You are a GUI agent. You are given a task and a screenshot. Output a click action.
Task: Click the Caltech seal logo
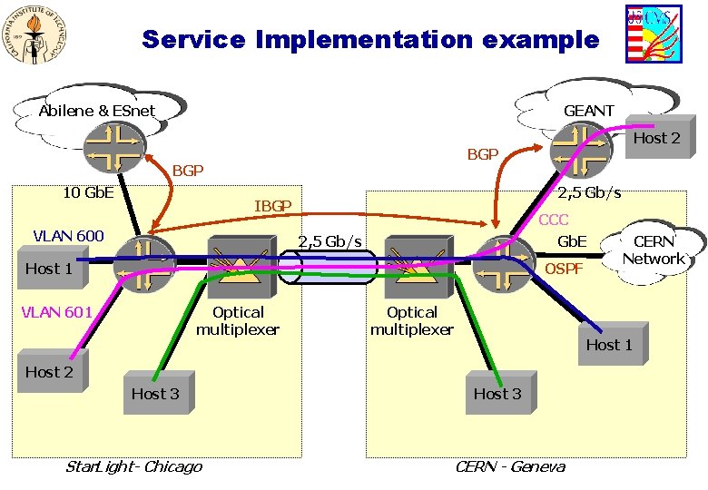[x=34, y=34]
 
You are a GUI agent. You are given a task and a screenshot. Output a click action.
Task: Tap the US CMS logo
[x=654, y=34]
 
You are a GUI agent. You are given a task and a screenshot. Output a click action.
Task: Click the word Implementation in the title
[x=364, y=40]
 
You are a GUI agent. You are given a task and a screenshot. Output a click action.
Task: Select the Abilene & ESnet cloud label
[x=96, y=111]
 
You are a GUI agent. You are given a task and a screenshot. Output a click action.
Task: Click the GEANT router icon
[x=581, y=151]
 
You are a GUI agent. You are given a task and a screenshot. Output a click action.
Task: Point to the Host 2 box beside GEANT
[x=660, y=137]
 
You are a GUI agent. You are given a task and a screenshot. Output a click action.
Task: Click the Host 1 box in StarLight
[x=53, y=267]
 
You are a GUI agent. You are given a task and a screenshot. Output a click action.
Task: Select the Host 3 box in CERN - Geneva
[x=501, y=392]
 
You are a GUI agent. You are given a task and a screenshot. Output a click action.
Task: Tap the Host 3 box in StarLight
[x=159, y=392]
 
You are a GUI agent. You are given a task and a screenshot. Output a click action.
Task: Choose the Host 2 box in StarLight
[x=53, y=370]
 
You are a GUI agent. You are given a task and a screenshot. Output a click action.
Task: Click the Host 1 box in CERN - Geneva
[x=614, y=343]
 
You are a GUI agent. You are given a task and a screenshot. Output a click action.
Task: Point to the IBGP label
[x=272, y=206]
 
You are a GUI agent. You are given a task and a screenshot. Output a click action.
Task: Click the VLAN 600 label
[x=69, y=236]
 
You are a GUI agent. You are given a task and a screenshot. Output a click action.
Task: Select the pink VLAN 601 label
[x=57, y=312]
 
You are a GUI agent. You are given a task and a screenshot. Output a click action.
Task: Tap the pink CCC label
[x=553, y=220]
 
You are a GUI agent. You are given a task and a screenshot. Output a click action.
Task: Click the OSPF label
[x=564, y=269]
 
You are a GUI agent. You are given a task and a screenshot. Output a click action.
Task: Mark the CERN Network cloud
[x=654, y=253]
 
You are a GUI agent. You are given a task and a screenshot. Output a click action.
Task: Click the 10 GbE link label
[x=89, y=192]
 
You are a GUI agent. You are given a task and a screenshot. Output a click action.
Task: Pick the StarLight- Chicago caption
[x=134, y=466]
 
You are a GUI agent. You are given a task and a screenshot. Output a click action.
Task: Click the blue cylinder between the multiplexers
[x=327, y=267]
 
